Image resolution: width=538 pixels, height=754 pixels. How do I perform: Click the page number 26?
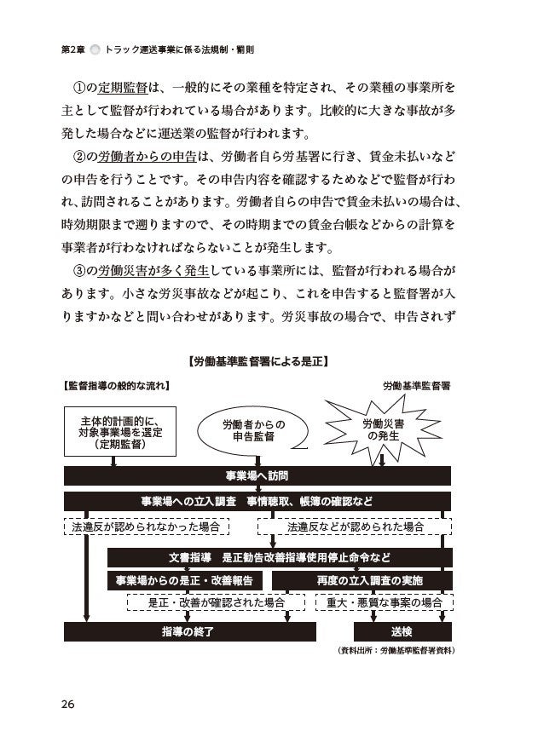pos(68,703)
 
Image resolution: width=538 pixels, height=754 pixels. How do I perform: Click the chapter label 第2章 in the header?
pos(73,50)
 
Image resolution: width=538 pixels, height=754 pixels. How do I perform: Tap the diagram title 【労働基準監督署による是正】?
pos(257,362)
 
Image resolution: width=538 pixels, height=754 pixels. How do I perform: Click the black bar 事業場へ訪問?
pos(257,475)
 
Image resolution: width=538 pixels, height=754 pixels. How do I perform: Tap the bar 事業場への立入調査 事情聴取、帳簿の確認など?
pos(257,501)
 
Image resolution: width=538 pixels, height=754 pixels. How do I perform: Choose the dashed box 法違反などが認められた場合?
pos(356,527)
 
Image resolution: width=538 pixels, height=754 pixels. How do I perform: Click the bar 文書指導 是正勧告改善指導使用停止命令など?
pos(280,557)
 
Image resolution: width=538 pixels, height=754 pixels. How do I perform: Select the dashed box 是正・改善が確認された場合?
pos(216,602)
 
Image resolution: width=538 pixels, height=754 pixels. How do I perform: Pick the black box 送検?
pos(402,631)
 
